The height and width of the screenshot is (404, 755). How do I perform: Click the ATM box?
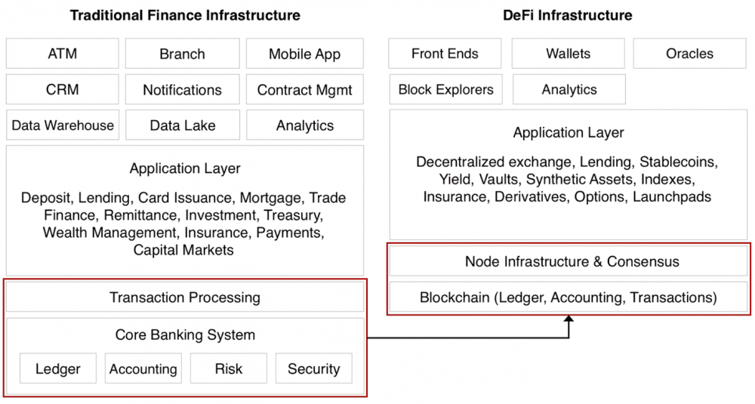(62, 54)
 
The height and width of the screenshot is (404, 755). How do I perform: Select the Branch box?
(183, 54)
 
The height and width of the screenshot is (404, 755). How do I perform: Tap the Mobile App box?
(305, 54)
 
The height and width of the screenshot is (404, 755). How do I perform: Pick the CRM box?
(62, 89)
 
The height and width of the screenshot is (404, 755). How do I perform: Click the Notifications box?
(183, 89)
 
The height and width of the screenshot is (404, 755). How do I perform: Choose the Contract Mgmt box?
(305, 89)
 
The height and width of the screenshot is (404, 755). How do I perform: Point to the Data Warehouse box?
(63, 125)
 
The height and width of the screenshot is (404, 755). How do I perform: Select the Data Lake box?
(183, 125)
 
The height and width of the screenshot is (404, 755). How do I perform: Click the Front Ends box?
(445, 54)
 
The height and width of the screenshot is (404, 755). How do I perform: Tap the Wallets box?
(569, 54)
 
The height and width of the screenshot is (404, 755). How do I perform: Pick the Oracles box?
(689, 54)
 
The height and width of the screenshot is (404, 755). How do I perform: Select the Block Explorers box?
(446, 89)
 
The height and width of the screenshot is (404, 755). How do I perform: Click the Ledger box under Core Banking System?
(58, 369)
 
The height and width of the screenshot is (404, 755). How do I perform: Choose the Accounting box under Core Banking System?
(143, 369)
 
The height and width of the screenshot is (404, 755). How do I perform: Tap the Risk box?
(229, 369)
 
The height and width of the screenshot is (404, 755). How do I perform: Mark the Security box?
(314, 369)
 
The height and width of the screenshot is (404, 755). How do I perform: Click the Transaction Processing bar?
(185, 297)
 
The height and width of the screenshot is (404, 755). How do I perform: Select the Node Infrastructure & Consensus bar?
(569, 261)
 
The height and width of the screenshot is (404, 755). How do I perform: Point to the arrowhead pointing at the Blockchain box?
(569, 319)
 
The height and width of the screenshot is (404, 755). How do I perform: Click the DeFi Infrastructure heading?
(568, 15)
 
